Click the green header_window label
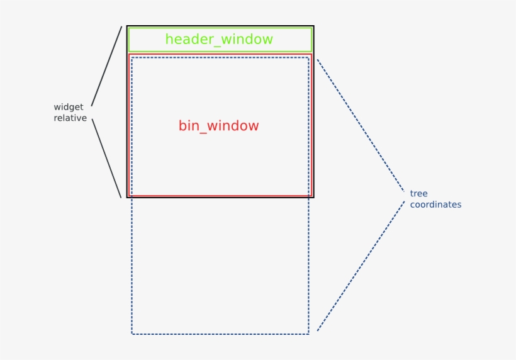219,39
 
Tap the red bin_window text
218,126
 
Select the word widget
68,107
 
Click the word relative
70,118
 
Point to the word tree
418,193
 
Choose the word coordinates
435,205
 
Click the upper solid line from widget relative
106,66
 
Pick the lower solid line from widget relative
106,158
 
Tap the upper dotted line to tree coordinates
360,124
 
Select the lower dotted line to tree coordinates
361,266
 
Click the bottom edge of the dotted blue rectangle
220,334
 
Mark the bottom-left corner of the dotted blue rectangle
132,334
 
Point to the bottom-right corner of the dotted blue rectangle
309,334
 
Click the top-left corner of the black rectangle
127,26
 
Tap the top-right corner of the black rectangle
313,26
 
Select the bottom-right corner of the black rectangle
313,198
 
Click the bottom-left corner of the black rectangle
127,198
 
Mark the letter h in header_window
169,39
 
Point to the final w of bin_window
253,126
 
